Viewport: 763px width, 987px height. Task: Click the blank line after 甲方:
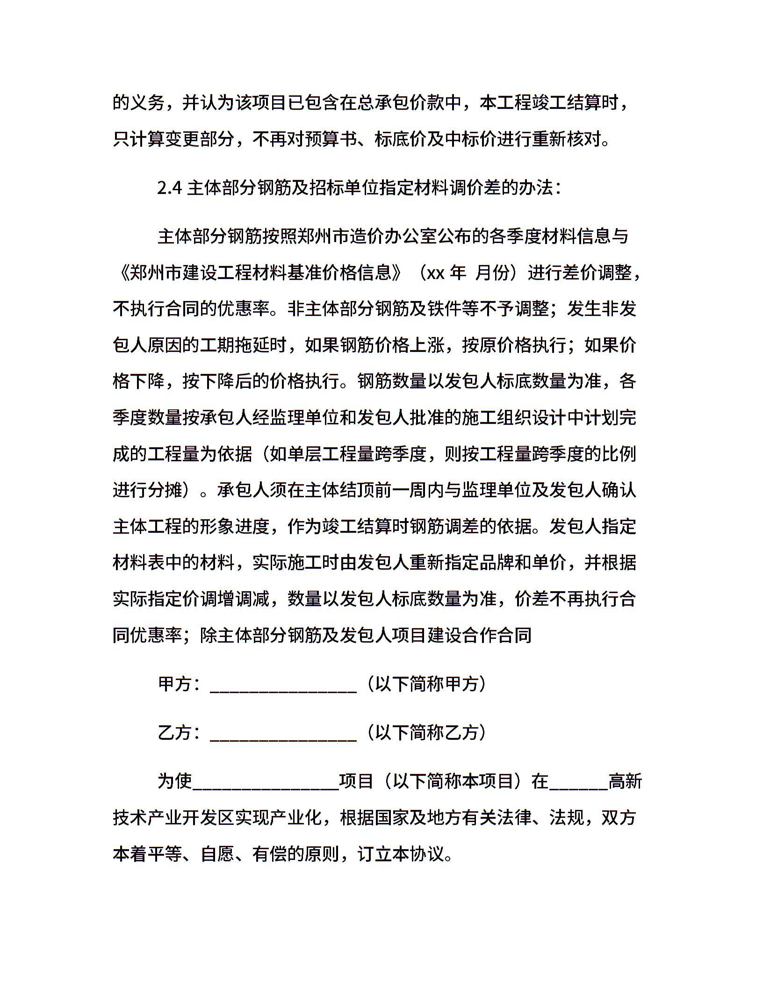283,685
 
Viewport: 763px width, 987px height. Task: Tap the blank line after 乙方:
283,733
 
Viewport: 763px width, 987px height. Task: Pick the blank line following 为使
266,781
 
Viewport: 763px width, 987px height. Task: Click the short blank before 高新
579,781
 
